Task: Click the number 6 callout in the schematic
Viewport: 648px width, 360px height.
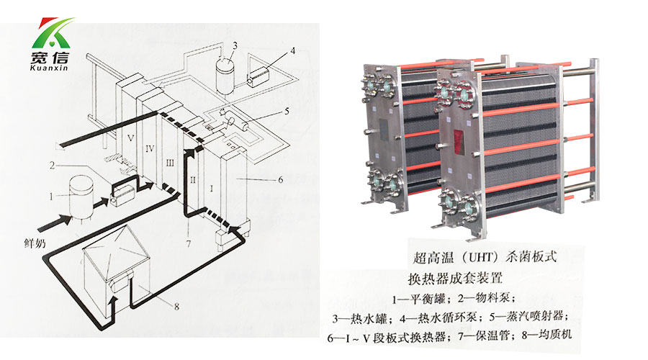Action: click(x=281, y=179)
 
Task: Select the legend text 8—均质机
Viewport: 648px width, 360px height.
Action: click(x=542, y=334)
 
